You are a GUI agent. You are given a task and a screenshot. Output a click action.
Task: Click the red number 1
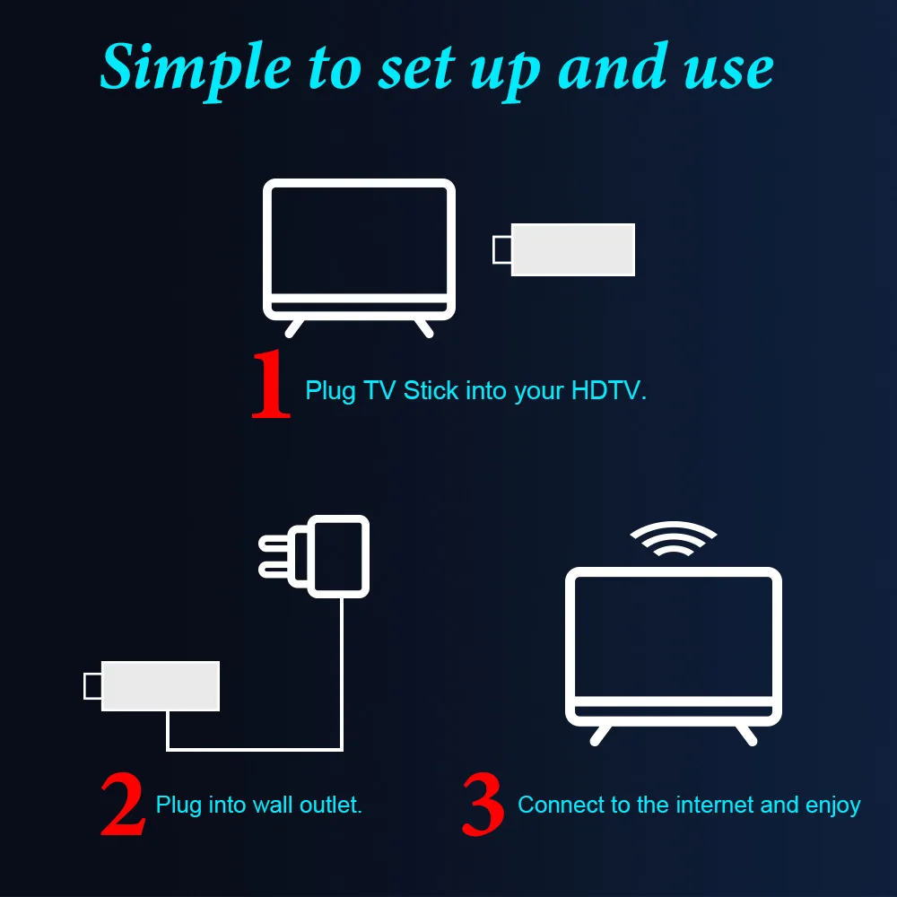click(x=271, y=385)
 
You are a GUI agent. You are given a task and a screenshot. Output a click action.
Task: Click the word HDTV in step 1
click(x=606, y=391)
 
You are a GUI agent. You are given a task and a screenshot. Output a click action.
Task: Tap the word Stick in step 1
click(x=431, y=391)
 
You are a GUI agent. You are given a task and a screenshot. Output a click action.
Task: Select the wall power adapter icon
click(x=339, y=555)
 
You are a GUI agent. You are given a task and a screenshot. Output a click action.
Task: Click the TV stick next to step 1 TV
click(x=572, y=249)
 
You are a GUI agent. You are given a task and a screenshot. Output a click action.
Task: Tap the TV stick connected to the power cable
click(x=161, y=685)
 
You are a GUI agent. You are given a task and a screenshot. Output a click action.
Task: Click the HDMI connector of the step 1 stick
click(x=502, y=249)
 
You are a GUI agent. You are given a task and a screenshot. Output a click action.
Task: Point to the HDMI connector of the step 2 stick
click(x=91, y=685)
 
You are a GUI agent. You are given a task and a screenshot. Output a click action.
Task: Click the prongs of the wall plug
click(x=274, y=555)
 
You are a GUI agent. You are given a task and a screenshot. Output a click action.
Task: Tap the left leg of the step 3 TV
click(x=600, y=734)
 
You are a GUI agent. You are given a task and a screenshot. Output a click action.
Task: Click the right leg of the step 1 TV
click(x=422, y=327)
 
